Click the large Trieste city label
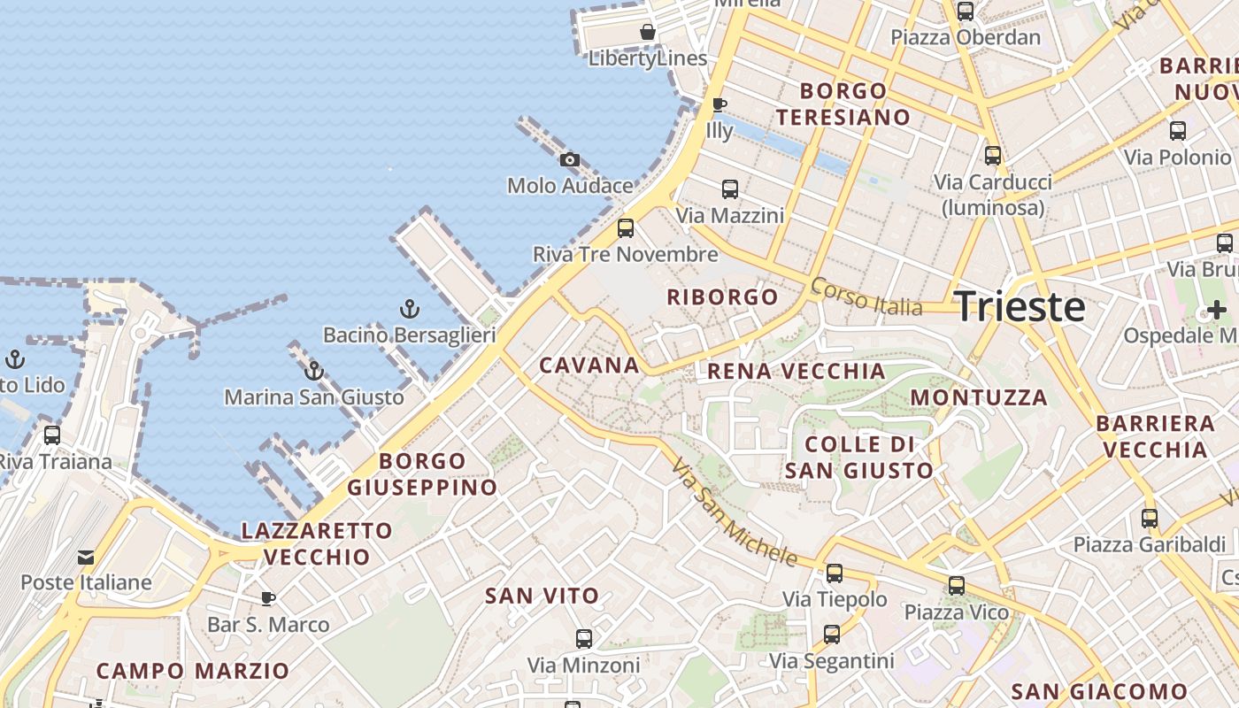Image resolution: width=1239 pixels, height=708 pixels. point(1020,307)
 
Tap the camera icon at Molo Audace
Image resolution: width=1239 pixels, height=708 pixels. point(570,160)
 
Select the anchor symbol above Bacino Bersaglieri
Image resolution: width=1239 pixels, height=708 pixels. point(409,309)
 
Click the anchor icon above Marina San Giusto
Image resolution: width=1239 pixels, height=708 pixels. point(314,371)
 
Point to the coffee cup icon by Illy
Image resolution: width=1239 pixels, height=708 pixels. point(720,105)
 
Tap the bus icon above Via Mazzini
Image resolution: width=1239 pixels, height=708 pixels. point(730,189)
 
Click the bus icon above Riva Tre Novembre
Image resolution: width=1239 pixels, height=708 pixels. point(626,228)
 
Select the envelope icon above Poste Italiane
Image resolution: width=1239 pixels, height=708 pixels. point(86,558)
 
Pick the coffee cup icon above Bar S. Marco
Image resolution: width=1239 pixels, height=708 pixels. point(268,599)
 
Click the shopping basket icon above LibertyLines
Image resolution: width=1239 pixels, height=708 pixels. point(648,33)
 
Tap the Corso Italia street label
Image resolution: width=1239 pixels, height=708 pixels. point(866,296)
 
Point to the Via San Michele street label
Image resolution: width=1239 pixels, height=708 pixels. point(735,512)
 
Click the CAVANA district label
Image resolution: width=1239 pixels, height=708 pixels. point(589,366)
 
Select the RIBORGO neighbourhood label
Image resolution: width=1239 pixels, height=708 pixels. point(722,297)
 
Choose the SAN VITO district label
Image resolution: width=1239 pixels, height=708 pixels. point(542,596)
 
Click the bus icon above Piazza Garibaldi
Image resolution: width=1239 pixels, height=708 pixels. point(1150,519)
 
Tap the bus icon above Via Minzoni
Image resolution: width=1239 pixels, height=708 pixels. point(584,639)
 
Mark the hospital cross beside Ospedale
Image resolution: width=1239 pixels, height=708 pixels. point(1217,310)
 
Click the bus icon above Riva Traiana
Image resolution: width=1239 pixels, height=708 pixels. point(52,435)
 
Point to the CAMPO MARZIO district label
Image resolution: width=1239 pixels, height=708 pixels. point(193,671)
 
